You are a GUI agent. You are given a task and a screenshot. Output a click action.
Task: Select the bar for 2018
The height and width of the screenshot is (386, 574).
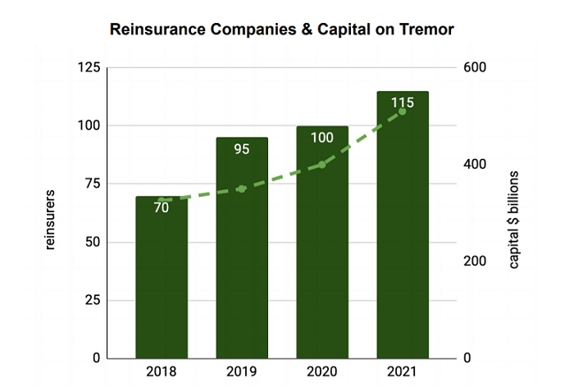click(x=162, y=279)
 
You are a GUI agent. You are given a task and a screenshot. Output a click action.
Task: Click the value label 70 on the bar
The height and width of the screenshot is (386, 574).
click(x=162, y=208)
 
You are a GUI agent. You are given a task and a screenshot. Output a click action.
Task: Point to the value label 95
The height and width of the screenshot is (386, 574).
click(x=242, y=149)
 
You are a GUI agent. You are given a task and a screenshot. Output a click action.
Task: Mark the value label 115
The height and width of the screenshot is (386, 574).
click(x=402, y=103)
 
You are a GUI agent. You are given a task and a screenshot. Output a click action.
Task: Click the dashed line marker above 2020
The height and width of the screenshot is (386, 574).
click(x=321, y=165)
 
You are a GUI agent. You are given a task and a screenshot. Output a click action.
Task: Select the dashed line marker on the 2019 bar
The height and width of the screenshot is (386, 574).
click(x=242, y=188)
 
